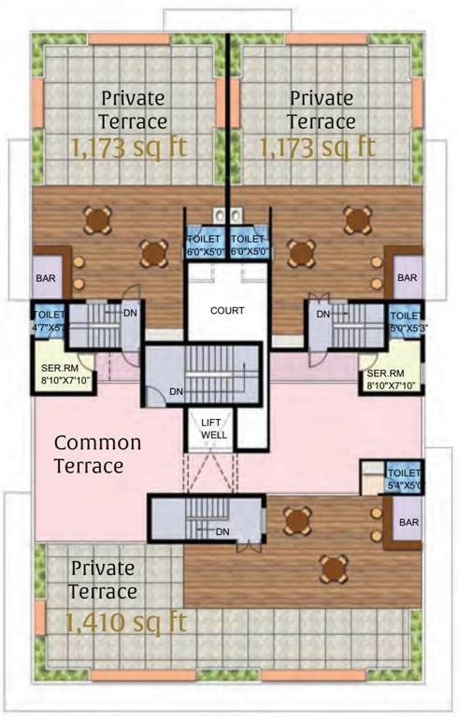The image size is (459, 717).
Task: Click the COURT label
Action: [227, 310]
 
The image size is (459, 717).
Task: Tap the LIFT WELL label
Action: [210, 429]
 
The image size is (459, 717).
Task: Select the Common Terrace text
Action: [97, 454]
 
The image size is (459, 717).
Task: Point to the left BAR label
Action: [45, 278]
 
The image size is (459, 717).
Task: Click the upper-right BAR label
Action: [406, 278]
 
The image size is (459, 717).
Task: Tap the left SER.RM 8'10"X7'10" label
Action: [65, 375]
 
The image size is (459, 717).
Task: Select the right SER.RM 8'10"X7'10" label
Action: [390, 377]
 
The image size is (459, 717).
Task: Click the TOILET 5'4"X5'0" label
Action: [405, 480]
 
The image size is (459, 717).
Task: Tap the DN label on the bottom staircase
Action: [222, 531]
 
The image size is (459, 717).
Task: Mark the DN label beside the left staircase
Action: [130, 313]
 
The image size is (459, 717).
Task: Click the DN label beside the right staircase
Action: [323, 315]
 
